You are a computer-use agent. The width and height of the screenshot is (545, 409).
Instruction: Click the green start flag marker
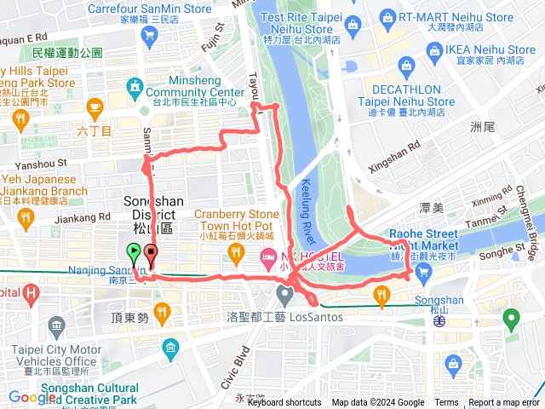134,252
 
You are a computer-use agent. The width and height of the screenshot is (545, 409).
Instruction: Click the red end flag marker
151,253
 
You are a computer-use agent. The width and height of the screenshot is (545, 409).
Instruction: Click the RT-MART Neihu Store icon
388,16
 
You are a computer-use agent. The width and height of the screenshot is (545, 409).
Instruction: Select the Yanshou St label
37,163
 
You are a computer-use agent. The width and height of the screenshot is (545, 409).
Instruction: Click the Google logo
32,397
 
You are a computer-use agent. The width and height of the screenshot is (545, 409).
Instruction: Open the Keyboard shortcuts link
285,403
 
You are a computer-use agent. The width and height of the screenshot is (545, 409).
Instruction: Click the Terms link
446,403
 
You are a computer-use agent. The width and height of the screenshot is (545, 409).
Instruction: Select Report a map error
505,403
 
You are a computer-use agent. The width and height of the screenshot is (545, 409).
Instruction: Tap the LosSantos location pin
284,295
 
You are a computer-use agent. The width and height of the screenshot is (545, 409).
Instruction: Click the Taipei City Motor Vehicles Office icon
58,325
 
